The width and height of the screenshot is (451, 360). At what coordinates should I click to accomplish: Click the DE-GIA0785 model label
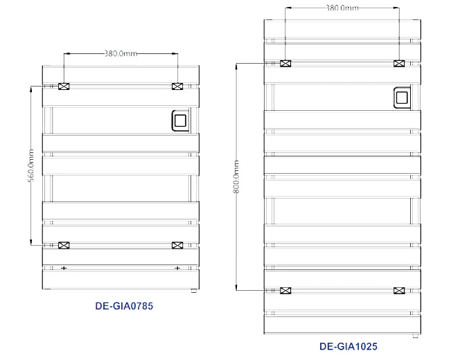click(124, 306)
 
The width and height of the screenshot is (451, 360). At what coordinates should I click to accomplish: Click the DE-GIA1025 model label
click(348, 346)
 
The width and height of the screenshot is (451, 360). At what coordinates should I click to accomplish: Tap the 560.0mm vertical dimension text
click(30, 165)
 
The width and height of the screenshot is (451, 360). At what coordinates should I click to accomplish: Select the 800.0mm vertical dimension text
click(236, 177)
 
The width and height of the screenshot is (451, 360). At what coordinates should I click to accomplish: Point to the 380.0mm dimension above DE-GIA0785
click(121, 53)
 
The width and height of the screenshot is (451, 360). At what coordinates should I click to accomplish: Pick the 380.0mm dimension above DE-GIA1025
click(342, 8)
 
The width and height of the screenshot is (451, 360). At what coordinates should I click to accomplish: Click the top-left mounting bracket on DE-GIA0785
click(64, 87)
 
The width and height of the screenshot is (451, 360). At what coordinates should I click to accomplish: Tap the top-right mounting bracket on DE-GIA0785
click(177, 87)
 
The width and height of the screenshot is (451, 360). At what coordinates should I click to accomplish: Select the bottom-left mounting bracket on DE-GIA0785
click(64, 245)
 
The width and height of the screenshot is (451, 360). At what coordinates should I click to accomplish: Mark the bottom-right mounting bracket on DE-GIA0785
click(177, 245)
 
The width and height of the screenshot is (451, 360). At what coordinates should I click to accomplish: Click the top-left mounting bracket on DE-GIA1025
click(285, 64)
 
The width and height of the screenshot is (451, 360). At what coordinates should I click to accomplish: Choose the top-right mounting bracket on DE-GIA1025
click(399, 64)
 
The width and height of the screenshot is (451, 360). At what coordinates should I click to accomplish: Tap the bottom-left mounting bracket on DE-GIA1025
click(285, 291)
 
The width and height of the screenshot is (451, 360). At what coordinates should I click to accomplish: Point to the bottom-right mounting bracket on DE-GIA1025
click(399, 291)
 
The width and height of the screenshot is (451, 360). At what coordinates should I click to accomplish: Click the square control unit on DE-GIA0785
click(180, 120)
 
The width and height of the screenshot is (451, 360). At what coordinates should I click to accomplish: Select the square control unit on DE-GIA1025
click(402, 98)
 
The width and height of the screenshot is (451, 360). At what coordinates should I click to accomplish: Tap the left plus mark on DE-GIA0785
click(64, 268)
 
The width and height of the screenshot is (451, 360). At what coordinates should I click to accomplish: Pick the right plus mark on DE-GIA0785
click(177, 268)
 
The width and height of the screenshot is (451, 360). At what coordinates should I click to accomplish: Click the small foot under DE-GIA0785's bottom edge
click(193, 291)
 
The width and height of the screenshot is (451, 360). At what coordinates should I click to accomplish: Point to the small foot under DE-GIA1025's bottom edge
click(415, 336)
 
